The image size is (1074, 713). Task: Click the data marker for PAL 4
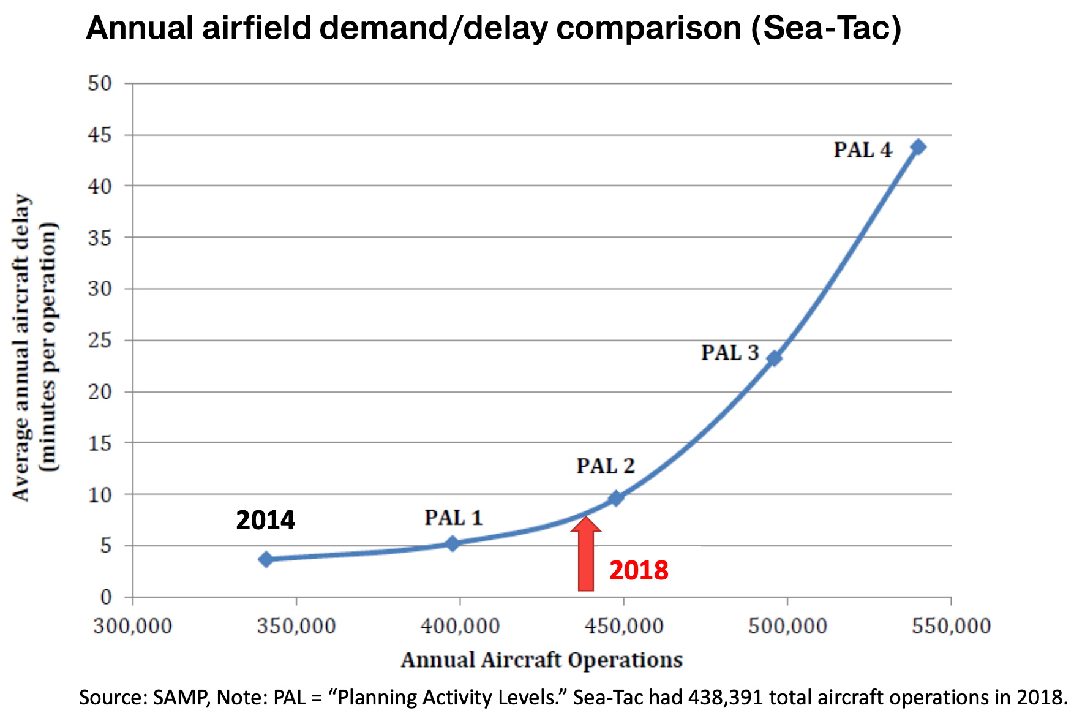click(x=918, y=147)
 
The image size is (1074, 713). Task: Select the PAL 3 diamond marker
click(x=775, y=358)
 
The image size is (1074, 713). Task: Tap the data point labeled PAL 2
click(x=617, y=498)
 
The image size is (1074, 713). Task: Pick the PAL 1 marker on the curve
click(x=453, y=543)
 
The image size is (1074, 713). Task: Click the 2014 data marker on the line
click(x=266, y=559)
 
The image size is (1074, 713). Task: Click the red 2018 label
click(x=639, y=571)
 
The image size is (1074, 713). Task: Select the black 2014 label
click(x=265, y=521)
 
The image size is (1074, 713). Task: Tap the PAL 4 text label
click(x=863, y=150)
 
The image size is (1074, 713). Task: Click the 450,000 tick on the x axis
click(x=623, y=626)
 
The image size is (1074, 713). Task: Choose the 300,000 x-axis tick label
click(x=132, y=626)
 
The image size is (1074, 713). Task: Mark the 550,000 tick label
click(x=951, y=626)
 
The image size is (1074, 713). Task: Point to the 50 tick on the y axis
click(x=100, y=83)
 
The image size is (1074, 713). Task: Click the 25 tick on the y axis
click(x=100, y=340)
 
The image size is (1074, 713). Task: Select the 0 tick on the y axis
click(x=106, y=597)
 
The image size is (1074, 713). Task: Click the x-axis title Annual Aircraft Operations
click(x=541, y=660)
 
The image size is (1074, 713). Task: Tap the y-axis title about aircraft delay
click(x=34, y=347)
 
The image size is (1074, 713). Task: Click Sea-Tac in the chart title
click(x=827, y=28)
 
